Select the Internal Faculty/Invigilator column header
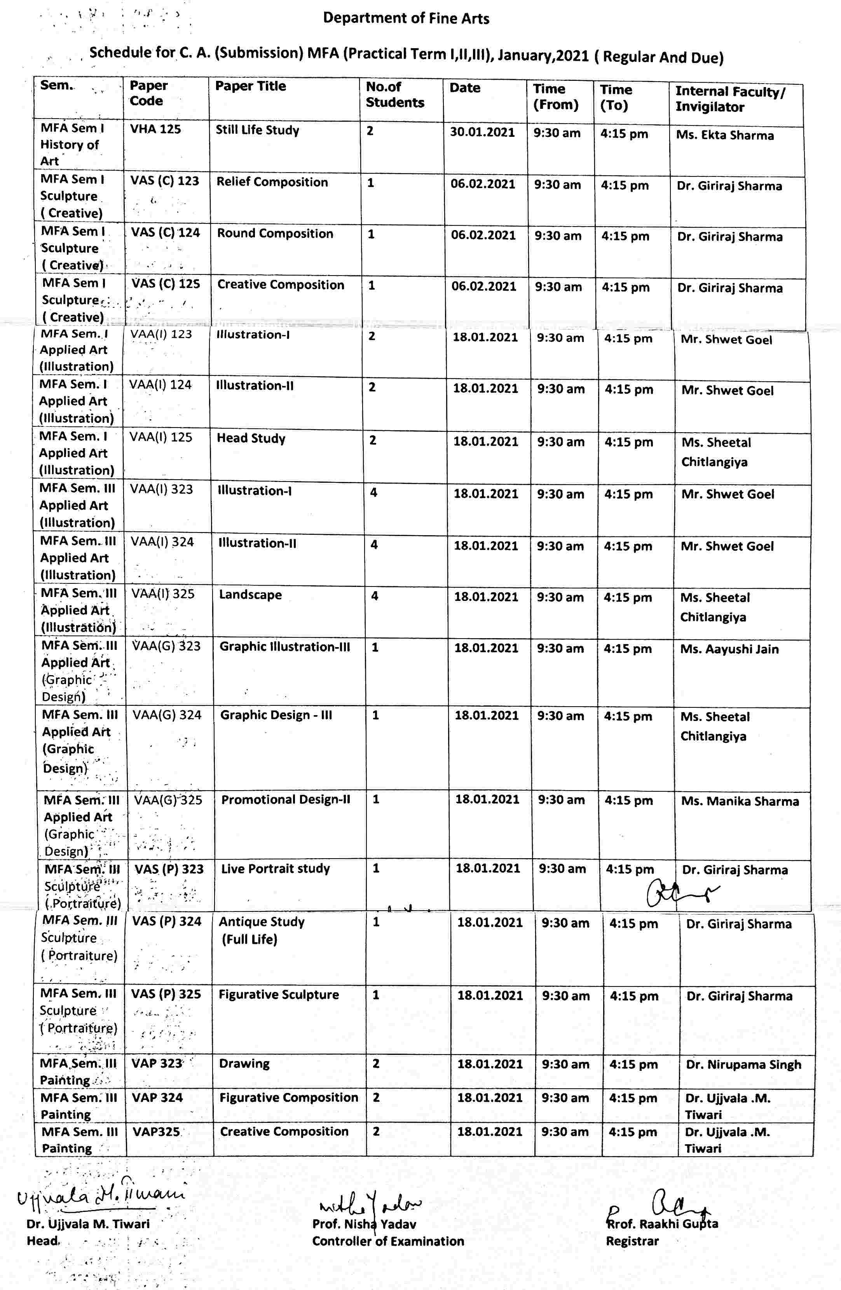[x=730, y=99]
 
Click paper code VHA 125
[x=155, y=129]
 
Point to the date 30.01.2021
[x=482, y=132]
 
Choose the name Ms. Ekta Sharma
[x=724, y=135]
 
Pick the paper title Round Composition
[x=275, y=233]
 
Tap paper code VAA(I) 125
[x=161, y=437]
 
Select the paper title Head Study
[x=251, y=438]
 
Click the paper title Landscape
[x=250, y=595]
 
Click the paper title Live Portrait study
[x=275, y=868]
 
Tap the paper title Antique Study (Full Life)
[x=261, y=930]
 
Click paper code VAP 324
[x=157, y=1097]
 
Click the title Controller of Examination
[x=388, y=1241]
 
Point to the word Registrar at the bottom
[x=632, y=1241]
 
